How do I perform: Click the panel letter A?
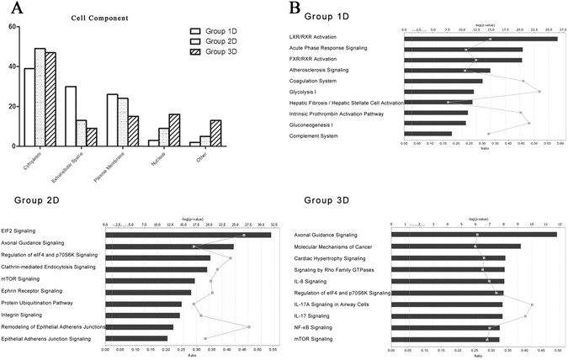[x=12, y=10]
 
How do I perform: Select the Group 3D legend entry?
[x=216, y=64]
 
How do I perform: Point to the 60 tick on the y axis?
[x=13, y=27]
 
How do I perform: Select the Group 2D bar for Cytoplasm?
[x=40, y=97]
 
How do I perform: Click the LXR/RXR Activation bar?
[x=480, y=39]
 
